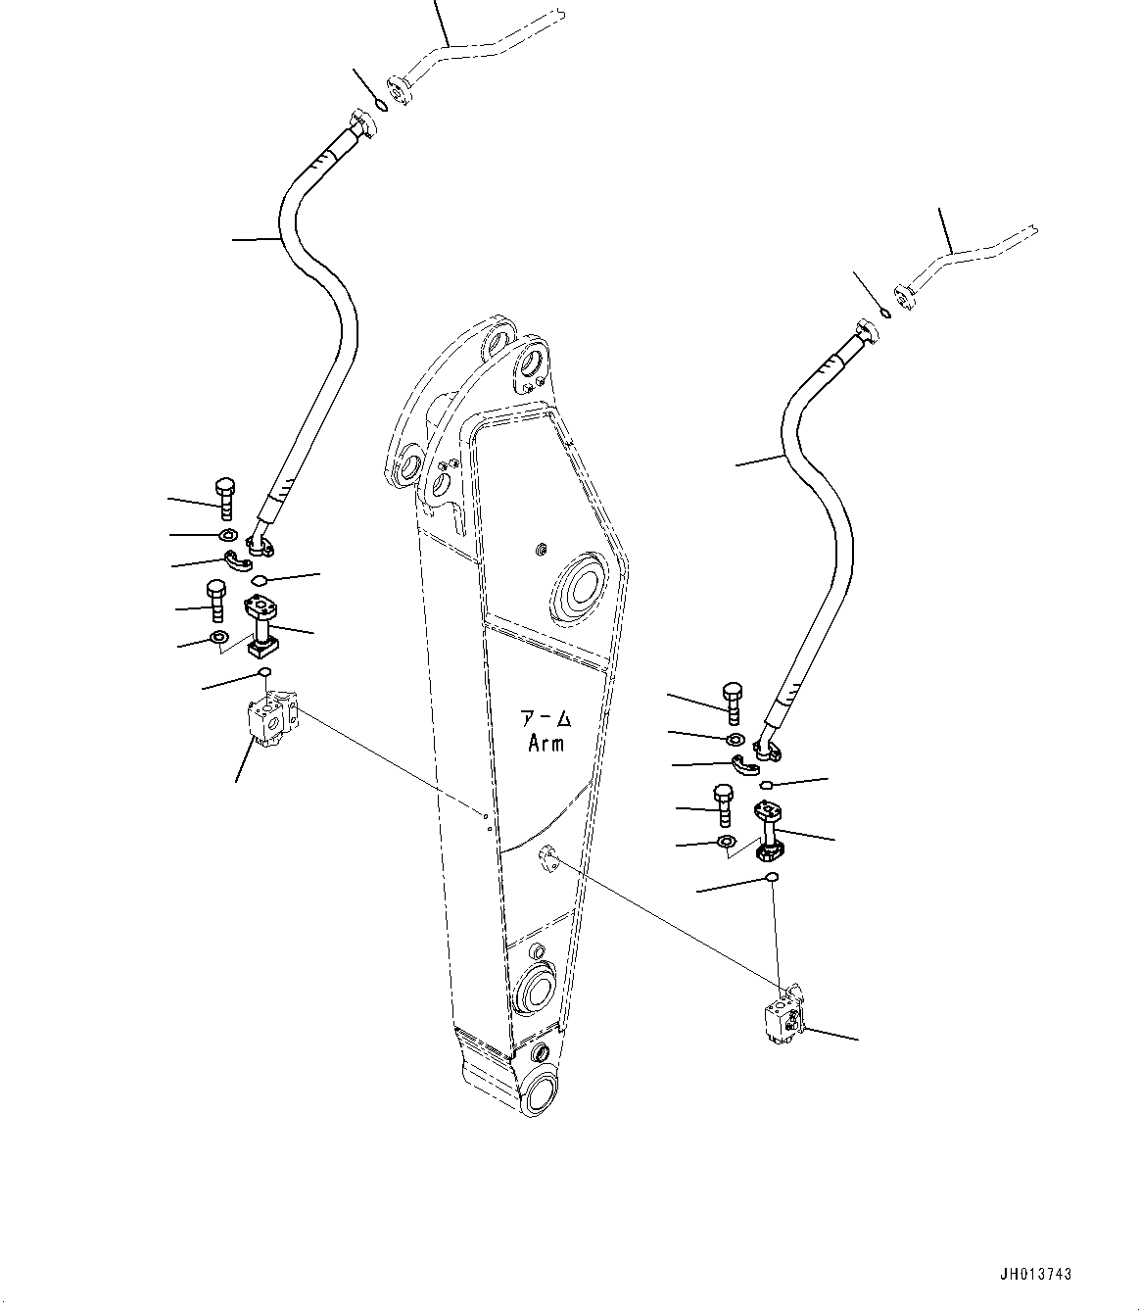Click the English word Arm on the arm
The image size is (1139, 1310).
coord(546,745)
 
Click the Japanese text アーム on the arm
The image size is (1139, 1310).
coord(546,720)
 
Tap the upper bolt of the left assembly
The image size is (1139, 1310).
coord(224,498)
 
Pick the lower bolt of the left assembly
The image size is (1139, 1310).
coord(215,601)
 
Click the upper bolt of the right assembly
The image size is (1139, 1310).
coord(733,704)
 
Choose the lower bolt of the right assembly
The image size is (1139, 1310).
coord(723,804)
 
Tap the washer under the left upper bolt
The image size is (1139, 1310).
coord(228,535)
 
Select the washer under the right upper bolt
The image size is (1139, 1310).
coord(734,740)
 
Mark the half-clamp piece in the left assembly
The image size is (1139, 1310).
coord(238,560)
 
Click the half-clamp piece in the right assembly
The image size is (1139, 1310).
coord(745,764)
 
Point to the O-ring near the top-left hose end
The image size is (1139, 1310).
coord(381,105)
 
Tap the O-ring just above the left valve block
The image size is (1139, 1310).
coord(264,671)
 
